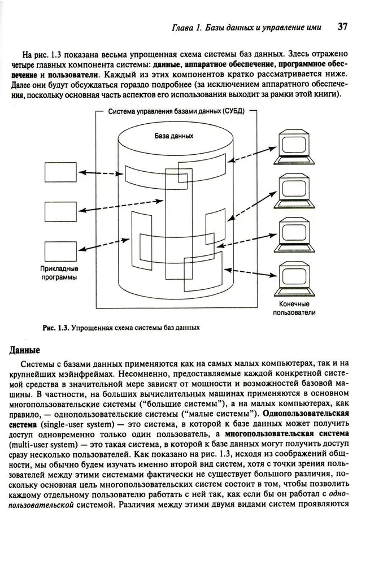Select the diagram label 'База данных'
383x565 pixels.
pyautogui.click(x=174, y=136)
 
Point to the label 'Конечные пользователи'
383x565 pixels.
pyautogui.click(x=294, y=307)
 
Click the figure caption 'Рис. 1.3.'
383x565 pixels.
pyautogui.click(x=55, y=327)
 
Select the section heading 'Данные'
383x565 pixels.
pyautogui.click(x=24, y=350)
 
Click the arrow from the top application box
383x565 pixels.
pyautogui.click(x=101, y=172)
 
